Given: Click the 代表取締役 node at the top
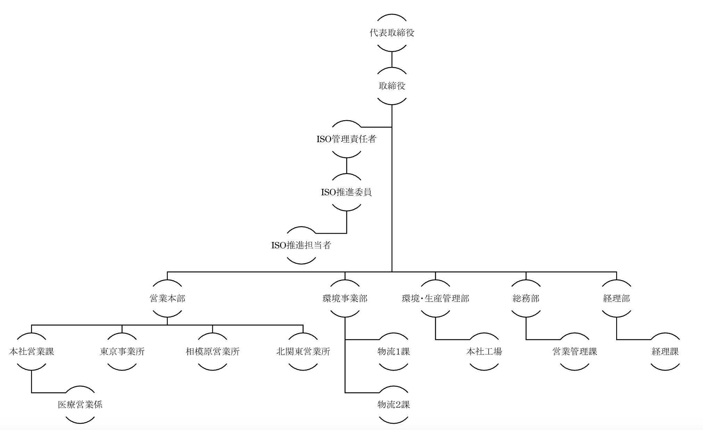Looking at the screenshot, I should pyautogui.click(x=392, y=33).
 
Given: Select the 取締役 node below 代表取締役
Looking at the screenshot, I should pyautogui.click(x=392, y=86).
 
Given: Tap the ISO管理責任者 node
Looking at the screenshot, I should pyautogui.click(x=346, y=139).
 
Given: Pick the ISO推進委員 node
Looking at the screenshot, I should pyautogui.click(x=346, y=192).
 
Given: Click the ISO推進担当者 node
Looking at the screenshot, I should pyautogui.click(x=301, y=245).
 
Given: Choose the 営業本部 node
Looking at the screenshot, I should pyautogui.click(x=167, y=298).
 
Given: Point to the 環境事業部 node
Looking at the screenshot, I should pyautogui.click(x=345, y=298).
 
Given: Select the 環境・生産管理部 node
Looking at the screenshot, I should pyautogui.click(x=435, y=298).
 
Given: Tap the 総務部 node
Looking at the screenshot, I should pyautogui.click(x=526, y=298).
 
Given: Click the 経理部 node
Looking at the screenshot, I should pyautogui.click(x=617, y=298).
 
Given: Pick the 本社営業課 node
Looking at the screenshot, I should pyautogui.click(x=32, y=352).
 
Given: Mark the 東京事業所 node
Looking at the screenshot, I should pyautogui.click(x=122, y=352).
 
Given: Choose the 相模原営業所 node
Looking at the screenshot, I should pyautogui.click(x=213, y=352).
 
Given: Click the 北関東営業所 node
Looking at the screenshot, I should pyautogui.click(x=303, y=352).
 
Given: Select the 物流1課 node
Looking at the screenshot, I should pyautogui.click(x=394, y=352).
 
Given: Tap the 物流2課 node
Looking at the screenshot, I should pyautogui.click(x=394, y=405).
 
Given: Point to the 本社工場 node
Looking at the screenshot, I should pyautogui.click(x=484, y=352).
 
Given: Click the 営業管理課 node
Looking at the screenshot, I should pyautogui.click(x=574, y=352).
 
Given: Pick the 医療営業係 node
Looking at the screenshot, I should pyautogui.click(x=80, y=405).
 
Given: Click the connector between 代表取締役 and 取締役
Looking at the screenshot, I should pyautogui.click(x=392, y=59).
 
